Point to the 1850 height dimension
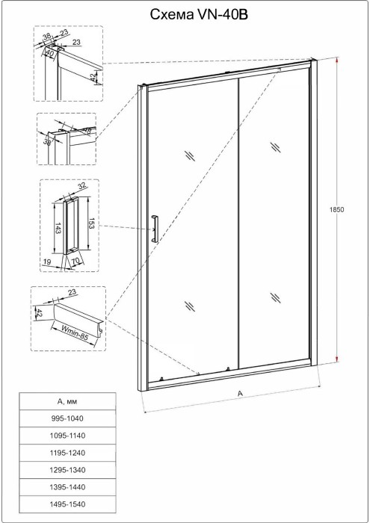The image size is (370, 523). click(337, 211)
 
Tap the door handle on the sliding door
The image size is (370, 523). click(155, 227)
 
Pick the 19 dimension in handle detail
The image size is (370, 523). click(48, 262)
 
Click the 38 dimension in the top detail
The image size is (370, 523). click(46, 35)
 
